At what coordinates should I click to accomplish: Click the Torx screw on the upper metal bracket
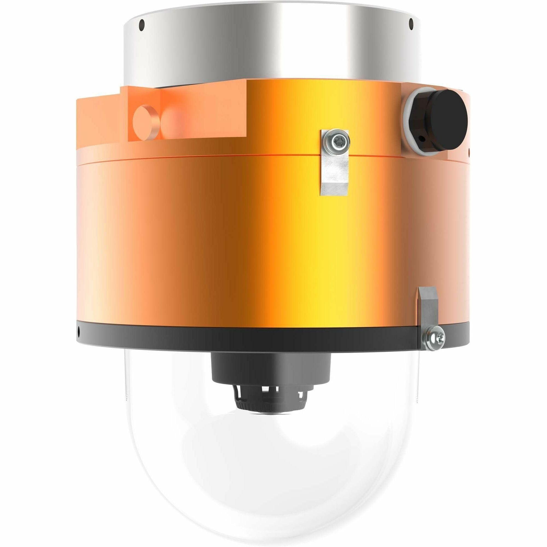[337, 139]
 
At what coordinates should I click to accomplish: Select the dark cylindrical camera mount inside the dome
[270, 368]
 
